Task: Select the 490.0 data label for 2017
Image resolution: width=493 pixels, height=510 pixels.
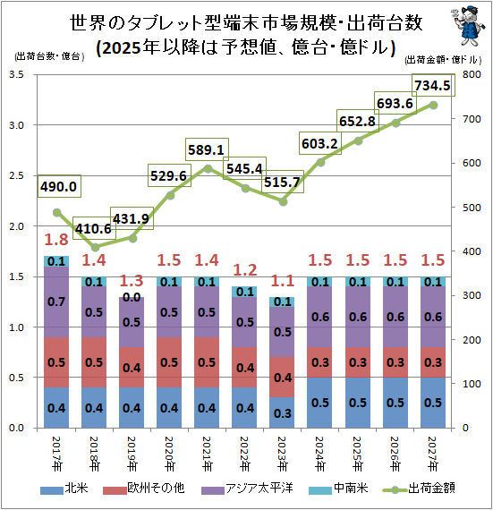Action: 58,187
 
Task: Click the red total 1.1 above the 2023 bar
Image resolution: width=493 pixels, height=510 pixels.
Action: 283,278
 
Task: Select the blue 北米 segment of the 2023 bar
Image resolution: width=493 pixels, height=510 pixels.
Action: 283,413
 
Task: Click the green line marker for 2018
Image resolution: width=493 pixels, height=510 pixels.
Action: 95,247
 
